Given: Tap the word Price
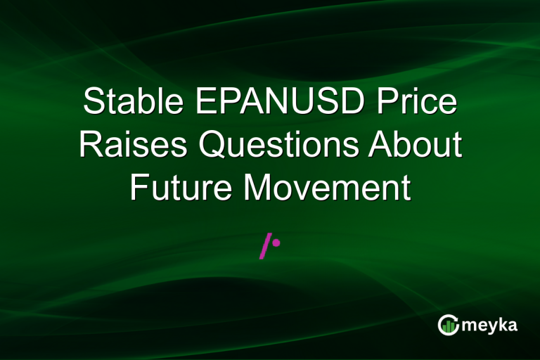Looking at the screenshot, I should tap(416, 103).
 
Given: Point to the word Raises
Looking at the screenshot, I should tap(134, 146).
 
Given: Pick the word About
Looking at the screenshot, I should tap(417, 146).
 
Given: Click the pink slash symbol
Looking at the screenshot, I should tap(265, 247).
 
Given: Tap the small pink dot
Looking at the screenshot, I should tap(276, 243).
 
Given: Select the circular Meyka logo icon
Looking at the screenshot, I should tap(447, 324).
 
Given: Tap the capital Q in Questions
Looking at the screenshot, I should tap(213, 146).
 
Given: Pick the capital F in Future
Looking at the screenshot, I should tap(139, 188).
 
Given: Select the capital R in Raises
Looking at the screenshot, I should tap(90, 146).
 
